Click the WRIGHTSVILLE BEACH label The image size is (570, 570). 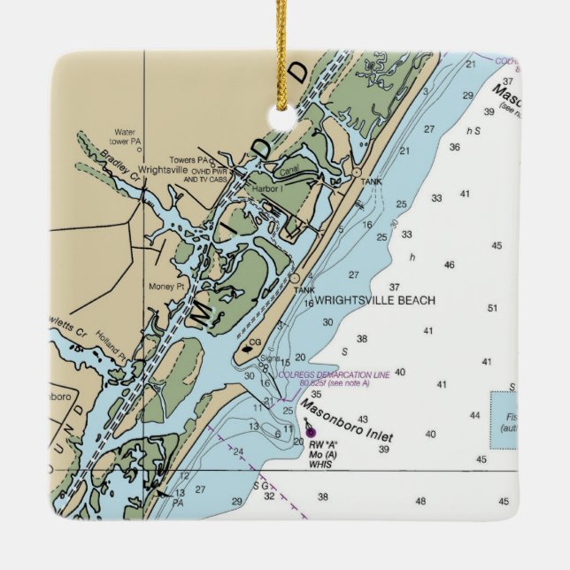[x=375, y=301]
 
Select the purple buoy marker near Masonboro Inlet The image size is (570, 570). [x=310, y=431]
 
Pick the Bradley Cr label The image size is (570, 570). [x=121, y=161]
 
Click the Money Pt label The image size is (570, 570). [x=166, y=287]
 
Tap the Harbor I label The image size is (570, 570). [x=267, y=189]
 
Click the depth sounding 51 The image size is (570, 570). [x=493, y=308]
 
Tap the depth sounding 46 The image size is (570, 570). [x=449, y=265]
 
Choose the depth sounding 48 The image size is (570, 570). [x=420, y=501]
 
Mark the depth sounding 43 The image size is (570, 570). [x=362, y=420]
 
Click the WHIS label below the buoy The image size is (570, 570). [x=320, y=465]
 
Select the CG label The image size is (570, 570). [x=255, y=342]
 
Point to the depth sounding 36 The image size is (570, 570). [x=454, y=147]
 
